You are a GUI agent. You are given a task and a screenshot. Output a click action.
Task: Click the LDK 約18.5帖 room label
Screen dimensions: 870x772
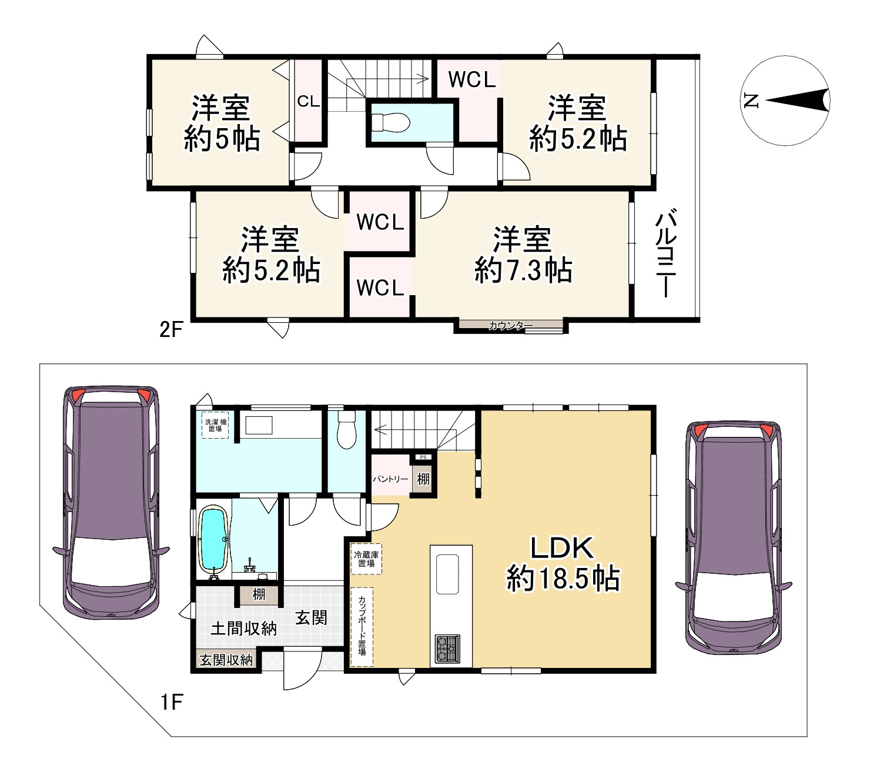(x=563, y=563)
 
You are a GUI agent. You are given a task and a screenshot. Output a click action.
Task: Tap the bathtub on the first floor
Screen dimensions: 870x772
(x=212, y=542)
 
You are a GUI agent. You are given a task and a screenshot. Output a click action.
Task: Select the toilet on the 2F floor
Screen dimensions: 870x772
(x=390, y=122)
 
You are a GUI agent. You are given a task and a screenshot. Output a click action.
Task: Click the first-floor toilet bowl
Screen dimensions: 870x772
(x=347, y=429)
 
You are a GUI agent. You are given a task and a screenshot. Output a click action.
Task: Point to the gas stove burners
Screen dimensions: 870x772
(x=447, y=649)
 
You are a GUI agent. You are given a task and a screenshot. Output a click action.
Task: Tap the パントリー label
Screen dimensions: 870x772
(x=390, y=479)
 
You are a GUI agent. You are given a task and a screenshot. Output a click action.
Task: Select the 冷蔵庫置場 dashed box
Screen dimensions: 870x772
(x=366, y=559)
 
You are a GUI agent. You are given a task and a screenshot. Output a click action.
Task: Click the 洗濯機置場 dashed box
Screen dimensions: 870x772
(x=215, y=425)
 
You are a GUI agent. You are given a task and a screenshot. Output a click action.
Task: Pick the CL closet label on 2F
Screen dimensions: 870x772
(x=309, y=101)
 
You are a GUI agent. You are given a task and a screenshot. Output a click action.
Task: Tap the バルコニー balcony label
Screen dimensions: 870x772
(x=666, y=253)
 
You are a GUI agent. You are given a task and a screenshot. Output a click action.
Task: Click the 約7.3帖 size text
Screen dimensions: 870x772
(x=523, y=270)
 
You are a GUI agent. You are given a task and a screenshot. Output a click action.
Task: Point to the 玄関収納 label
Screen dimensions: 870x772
(x=226, y=660)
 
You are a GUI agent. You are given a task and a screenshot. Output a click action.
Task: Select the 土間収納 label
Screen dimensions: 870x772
(x=243, y=629)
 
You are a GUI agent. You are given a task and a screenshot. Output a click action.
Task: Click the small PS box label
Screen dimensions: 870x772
(x=423, y=457)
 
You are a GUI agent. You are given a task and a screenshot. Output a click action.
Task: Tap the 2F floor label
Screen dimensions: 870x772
(x=171, y=330)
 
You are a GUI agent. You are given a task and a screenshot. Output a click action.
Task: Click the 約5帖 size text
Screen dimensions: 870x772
(x=222, y=138)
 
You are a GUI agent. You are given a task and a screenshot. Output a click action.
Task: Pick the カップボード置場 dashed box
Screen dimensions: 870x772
(x=362, y=627)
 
